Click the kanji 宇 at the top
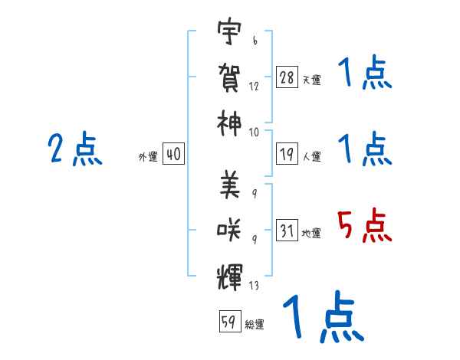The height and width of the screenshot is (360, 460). click(229, 31)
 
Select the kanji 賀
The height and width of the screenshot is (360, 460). click(229, 77)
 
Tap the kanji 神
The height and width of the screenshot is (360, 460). click(229, 123)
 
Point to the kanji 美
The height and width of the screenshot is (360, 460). click(230, 185)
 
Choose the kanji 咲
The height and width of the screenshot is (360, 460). click(228, 230)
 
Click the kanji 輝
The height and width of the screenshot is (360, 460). click(229, 277)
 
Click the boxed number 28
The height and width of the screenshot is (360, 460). click(287, 77)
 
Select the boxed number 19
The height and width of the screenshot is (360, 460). click(287, 154)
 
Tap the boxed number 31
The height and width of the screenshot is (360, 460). click(287, 230)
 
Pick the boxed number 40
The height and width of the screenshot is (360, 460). click(173, 154)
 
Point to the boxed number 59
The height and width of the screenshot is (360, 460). click(230, 321)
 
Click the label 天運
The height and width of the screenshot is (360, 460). click(312, 80)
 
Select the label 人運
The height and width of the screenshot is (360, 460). click(312, 156)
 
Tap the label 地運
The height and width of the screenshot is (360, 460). click(311, 233)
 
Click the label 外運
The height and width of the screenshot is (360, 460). click(148, 156)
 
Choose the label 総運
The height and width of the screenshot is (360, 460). click(255, 324)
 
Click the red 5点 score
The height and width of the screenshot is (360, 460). click(364, 225)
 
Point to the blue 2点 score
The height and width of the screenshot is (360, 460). click(75, 149)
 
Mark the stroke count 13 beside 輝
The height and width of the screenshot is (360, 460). click(254, 285)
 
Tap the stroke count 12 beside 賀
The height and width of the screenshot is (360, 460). click(254, 87)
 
